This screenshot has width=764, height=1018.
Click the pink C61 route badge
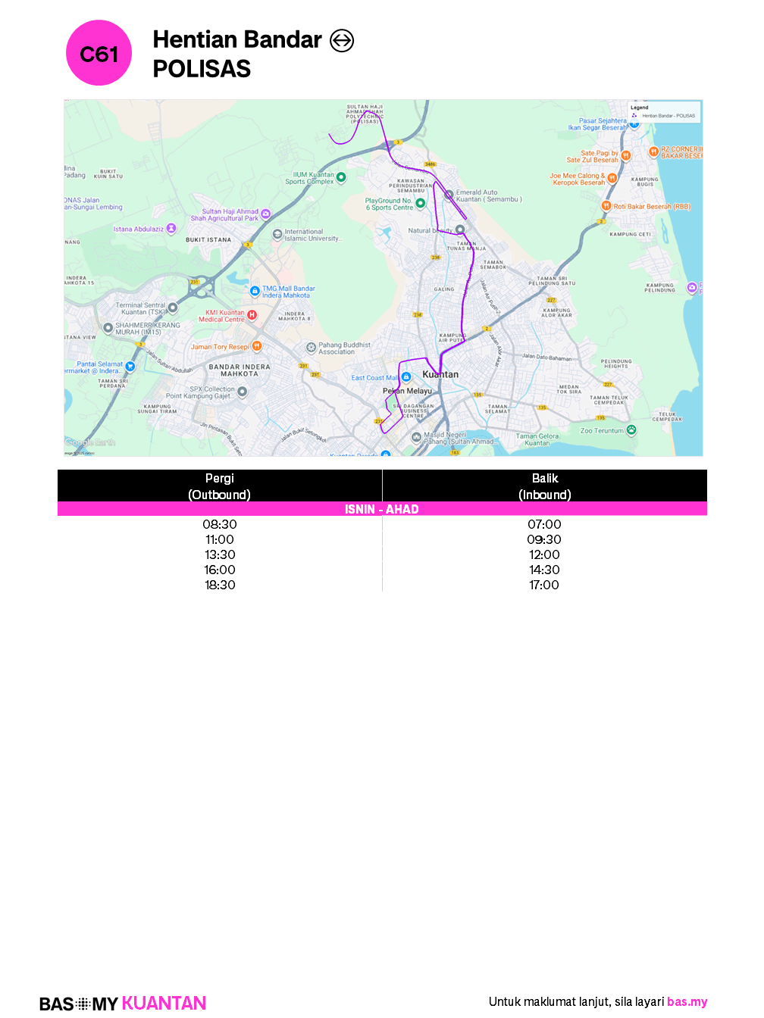[99, 53]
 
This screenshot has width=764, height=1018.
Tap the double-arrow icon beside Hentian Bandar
[342, 40]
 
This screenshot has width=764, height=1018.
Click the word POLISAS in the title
[202, 69]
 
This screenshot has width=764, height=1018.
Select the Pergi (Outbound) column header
[219, 486]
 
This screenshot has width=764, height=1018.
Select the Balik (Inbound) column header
[544, 486]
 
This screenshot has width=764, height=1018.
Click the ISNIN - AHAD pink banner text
[382, 509]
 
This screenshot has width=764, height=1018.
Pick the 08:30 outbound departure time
[220, 524]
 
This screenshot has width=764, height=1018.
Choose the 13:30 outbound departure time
[220, 554]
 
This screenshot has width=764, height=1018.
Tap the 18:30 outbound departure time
[220, 585]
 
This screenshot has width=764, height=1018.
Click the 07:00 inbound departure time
[544, 524]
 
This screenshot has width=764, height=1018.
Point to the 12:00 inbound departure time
[544, 554]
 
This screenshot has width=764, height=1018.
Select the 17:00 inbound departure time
[544, 585]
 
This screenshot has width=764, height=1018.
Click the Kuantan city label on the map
[440, 374]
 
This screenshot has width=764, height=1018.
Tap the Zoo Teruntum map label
[603, 431]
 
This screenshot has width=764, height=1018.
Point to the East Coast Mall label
[374, 377]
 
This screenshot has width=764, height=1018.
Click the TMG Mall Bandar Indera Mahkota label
[288, 292]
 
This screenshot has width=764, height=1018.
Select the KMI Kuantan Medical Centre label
[225, 316]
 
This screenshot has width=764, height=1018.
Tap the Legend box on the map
[665, 111]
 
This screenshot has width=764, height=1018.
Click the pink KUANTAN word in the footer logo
[164, 1004]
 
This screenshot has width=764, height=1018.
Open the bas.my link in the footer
[687, 1001]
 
